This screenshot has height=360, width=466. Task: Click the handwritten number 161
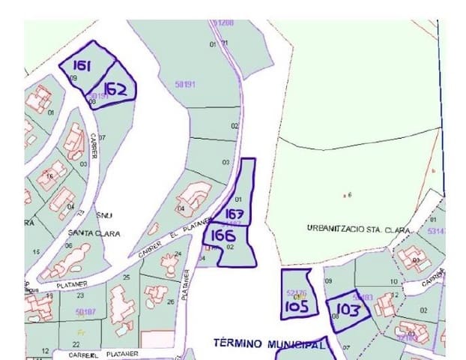tap(82, 66)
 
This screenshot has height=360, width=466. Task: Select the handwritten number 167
tap(234, 214)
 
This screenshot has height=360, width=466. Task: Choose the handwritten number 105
tap(297, 305)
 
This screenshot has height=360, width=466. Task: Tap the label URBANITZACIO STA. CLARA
tap(357, 227)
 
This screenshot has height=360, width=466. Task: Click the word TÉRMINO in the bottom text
tap(237, 343)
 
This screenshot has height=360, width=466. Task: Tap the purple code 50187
tap(86, 310)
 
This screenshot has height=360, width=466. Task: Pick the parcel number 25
tap(126, 277)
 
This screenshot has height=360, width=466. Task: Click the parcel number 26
tap(171, 301)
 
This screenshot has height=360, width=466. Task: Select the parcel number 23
tap(80, 295)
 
